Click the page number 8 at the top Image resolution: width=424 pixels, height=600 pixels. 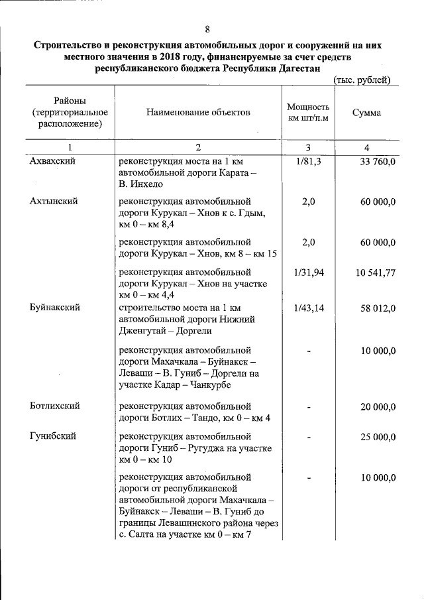208,29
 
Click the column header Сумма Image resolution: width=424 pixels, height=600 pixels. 366,113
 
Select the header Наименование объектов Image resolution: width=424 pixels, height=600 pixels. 198,113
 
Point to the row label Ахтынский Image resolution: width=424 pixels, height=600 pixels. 52,202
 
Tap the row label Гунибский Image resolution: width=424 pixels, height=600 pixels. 52,436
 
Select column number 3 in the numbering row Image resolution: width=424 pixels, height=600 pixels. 308,147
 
